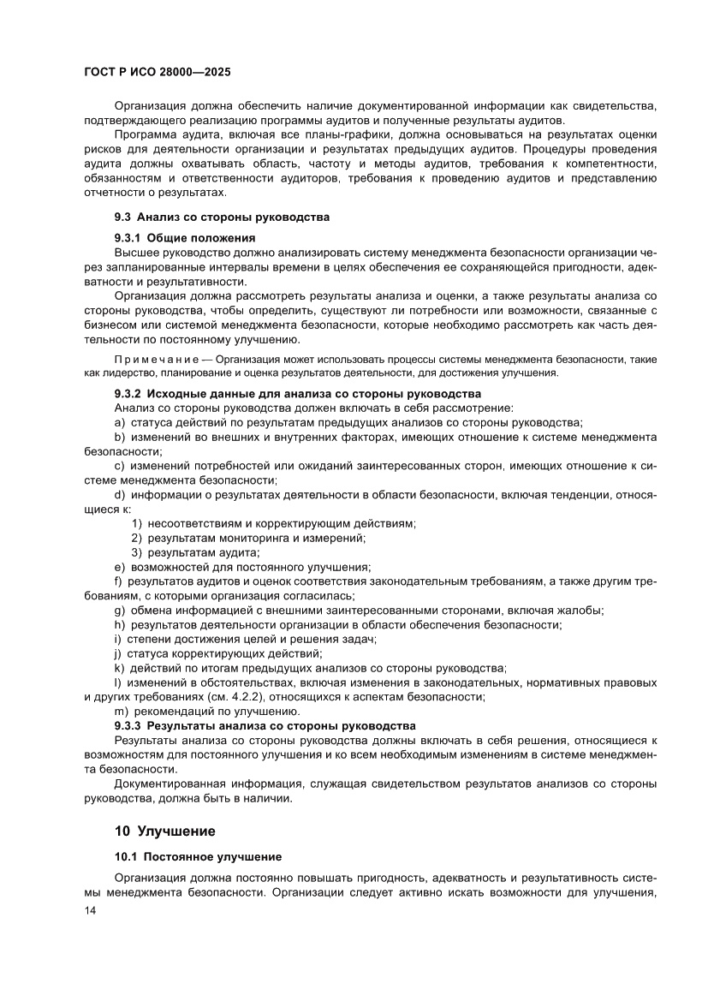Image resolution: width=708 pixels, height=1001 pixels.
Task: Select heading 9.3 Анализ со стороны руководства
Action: click(x=222, y=217)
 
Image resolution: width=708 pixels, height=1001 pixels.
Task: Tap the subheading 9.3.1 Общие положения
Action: click(x=185, y=237)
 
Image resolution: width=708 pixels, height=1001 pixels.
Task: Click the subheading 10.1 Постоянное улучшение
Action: click(x=198, y=856)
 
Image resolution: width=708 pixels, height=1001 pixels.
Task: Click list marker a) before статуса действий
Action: click(x=119, y=422)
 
